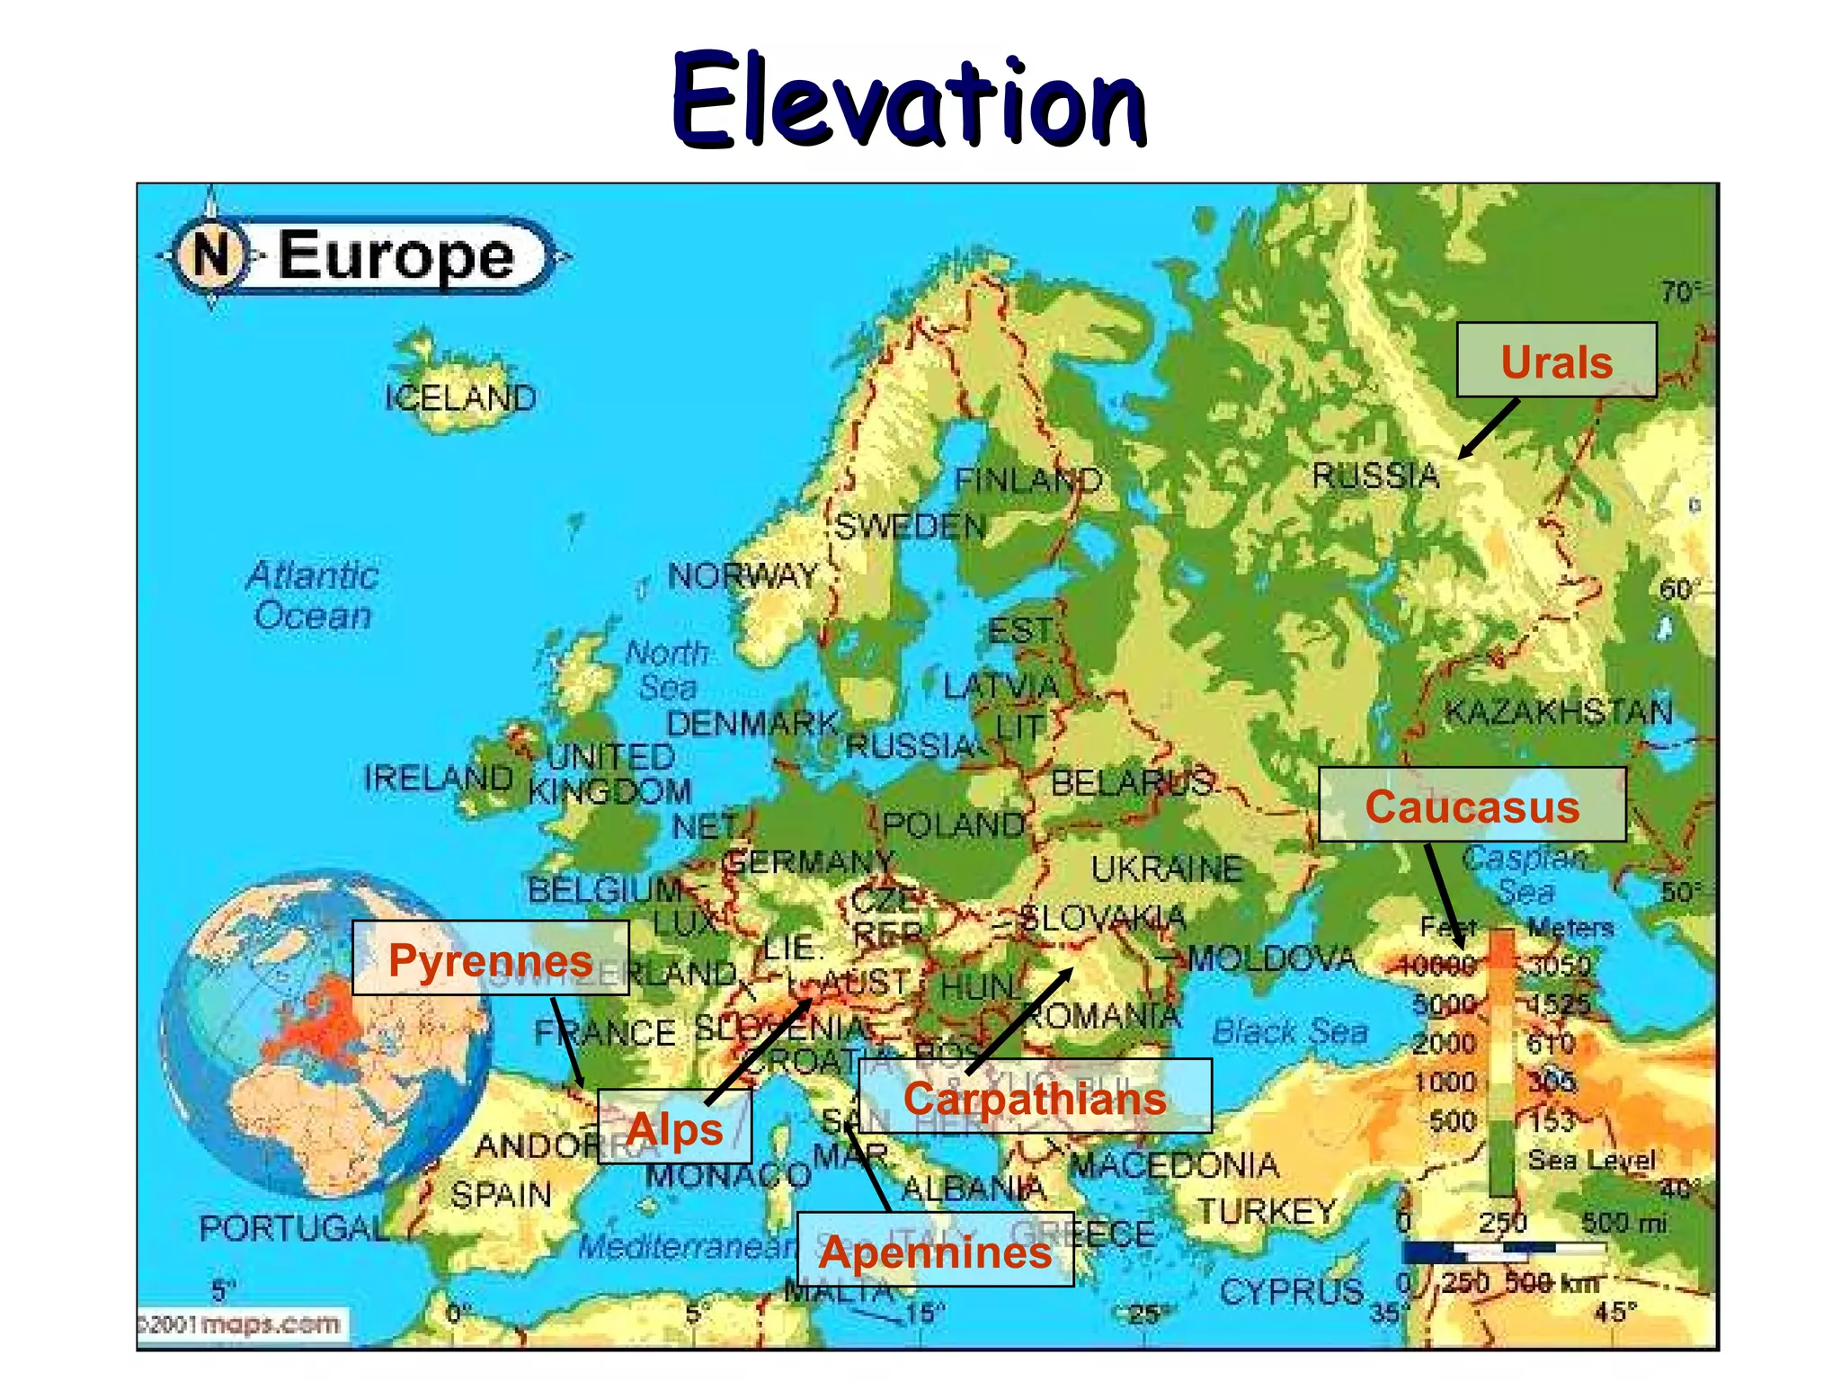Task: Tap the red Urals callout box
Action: tap(1556, 361)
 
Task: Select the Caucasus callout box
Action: tap(1472, 806)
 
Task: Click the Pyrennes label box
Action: tap(490, 958)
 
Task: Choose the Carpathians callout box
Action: tap(1035, 1097)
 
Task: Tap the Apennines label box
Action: tap(935, 1251)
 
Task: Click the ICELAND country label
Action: tap(460, 397)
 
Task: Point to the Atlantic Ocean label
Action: tap(312, 595)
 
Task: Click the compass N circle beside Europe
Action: tap(210, 254)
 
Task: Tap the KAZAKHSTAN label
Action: tap(1558, 712)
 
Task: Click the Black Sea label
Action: tap(1289, 1031)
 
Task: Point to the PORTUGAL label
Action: tap(293, 1227)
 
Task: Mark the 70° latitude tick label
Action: tap(1677, 292)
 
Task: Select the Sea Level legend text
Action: tap(1591, 1160)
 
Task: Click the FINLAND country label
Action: tap(1027, 480)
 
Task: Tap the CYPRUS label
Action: tap(1291, 1292)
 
